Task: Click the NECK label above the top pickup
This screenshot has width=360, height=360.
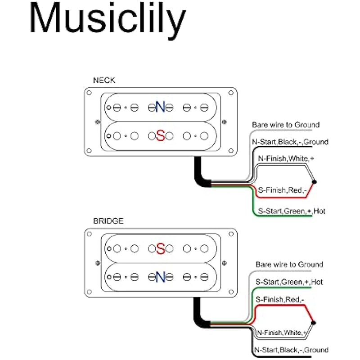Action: [x=104, y=81]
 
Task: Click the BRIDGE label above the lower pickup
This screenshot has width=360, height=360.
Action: [x=108, y=221]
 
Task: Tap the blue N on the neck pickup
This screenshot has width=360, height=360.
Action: [x=160, y=107]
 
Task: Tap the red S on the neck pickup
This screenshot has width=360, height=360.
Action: [x=160, y=135]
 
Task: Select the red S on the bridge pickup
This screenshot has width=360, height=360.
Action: [x=160, y=248]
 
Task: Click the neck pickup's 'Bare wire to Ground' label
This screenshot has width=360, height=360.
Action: [x=285, y=125]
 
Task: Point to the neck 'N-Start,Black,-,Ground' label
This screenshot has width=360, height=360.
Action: [x=290, y=142]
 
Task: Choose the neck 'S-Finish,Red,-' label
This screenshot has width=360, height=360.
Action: [x=282, y=190]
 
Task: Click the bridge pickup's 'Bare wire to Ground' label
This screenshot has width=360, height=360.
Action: [x=289, y=265]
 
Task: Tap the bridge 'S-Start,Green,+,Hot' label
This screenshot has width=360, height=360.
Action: [x=289, y=282]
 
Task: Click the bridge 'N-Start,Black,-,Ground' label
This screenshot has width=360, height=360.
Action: [x=291, y=350]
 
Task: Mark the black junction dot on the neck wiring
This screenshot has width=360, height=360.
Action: [x=314, y=182]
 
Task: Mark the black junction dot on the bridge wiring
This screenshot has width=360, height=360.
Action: [x=314, y=322]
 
